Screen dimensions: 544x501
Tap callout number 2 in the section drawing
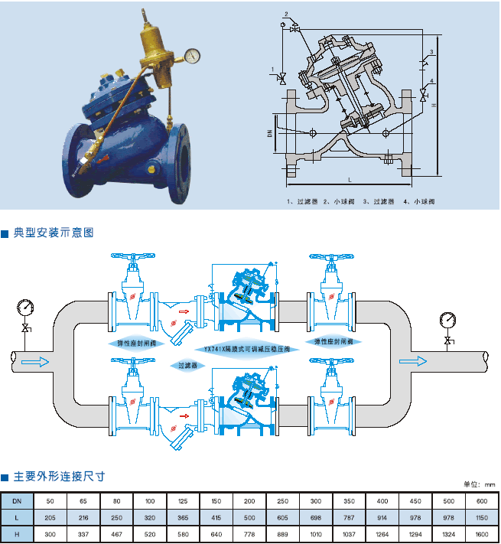click(x=285, y=14)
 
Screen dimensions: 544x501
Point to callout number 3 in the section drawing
click(x=432, y=52)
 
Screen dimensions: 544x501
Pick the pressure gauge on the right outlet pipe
click(x=447, y=319)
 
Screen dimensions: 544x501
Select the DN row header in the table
click(x=17, y=500)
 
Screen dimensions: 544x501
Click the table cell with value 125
click(x=183, y=500)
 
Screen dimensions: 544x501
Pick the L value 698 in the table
click(x=316, y=518)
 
